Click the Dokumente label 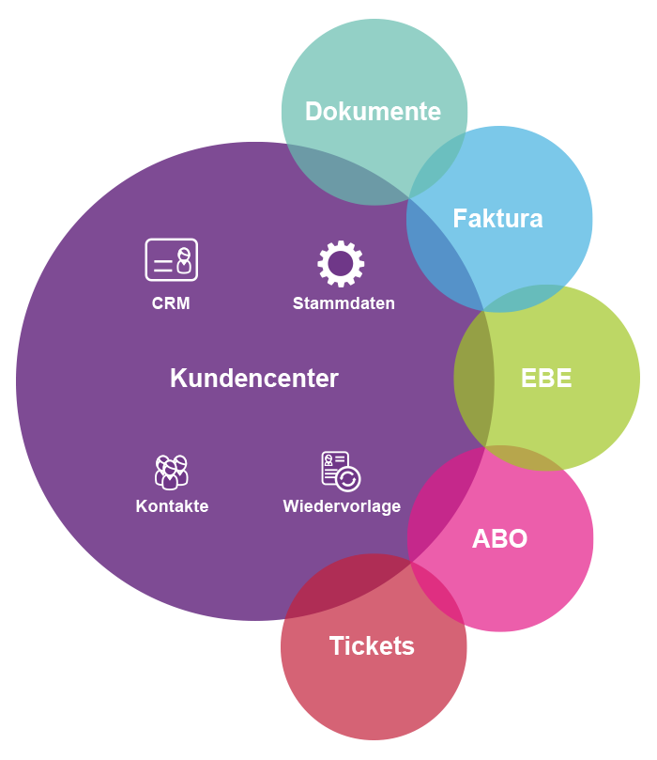[373, 112]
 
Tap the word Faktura [497, 219]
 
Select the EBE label [546, 378]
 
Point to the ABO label [499, 539]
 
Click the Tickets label [372, 646]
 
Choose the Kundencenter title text [253, 379]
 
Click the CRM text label [171, 303]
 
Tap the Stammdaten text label [344, 303]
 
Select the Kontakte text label [172, 506]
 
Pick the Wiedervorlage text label [342, 506]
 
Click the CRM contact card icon [172, 259]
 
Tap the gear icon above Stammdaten [341, 264]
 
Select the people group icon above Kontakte [171, 471]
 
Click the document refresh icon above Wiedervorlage [340, 471]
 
